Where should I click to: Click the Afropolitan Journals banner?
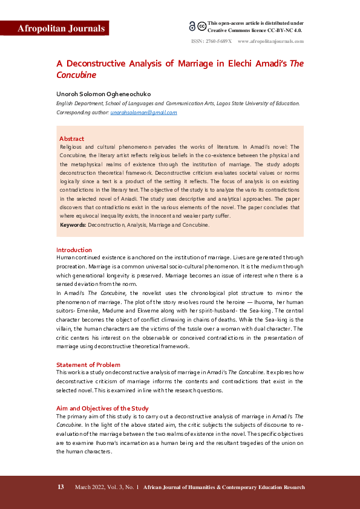54,28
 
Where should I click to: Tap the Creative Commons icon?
197,26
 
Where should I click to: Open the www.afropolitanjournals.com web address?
270,42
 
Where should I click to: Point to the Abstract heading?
71,138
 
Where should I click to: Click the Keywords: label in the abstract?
73,225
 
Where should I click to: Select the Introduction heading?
74,250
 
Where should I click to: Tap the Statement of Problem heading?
88,365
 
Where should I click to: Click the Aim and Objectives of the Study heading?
102,408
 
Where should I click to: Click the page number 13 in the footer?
61,487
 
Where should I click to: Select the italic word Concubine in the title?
76,76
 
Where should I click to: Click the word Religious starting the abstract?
73,147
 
